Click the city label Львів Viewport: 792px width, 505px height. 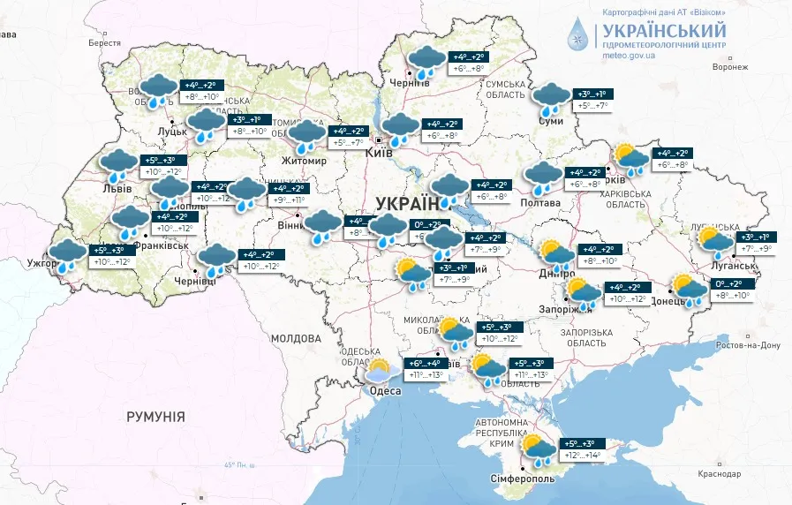117,188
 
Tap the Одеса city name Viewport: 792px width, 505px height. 386,391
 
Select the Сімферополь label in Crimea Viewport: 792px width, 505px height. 522,478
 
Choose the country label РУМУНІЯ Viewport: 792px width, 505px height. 155,416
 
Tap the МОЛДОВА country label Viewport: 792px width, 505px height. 296,338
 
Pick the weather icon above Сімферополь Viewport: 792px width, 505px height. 537,448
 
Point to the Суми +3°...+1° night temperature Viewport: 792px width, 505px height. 592,94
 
